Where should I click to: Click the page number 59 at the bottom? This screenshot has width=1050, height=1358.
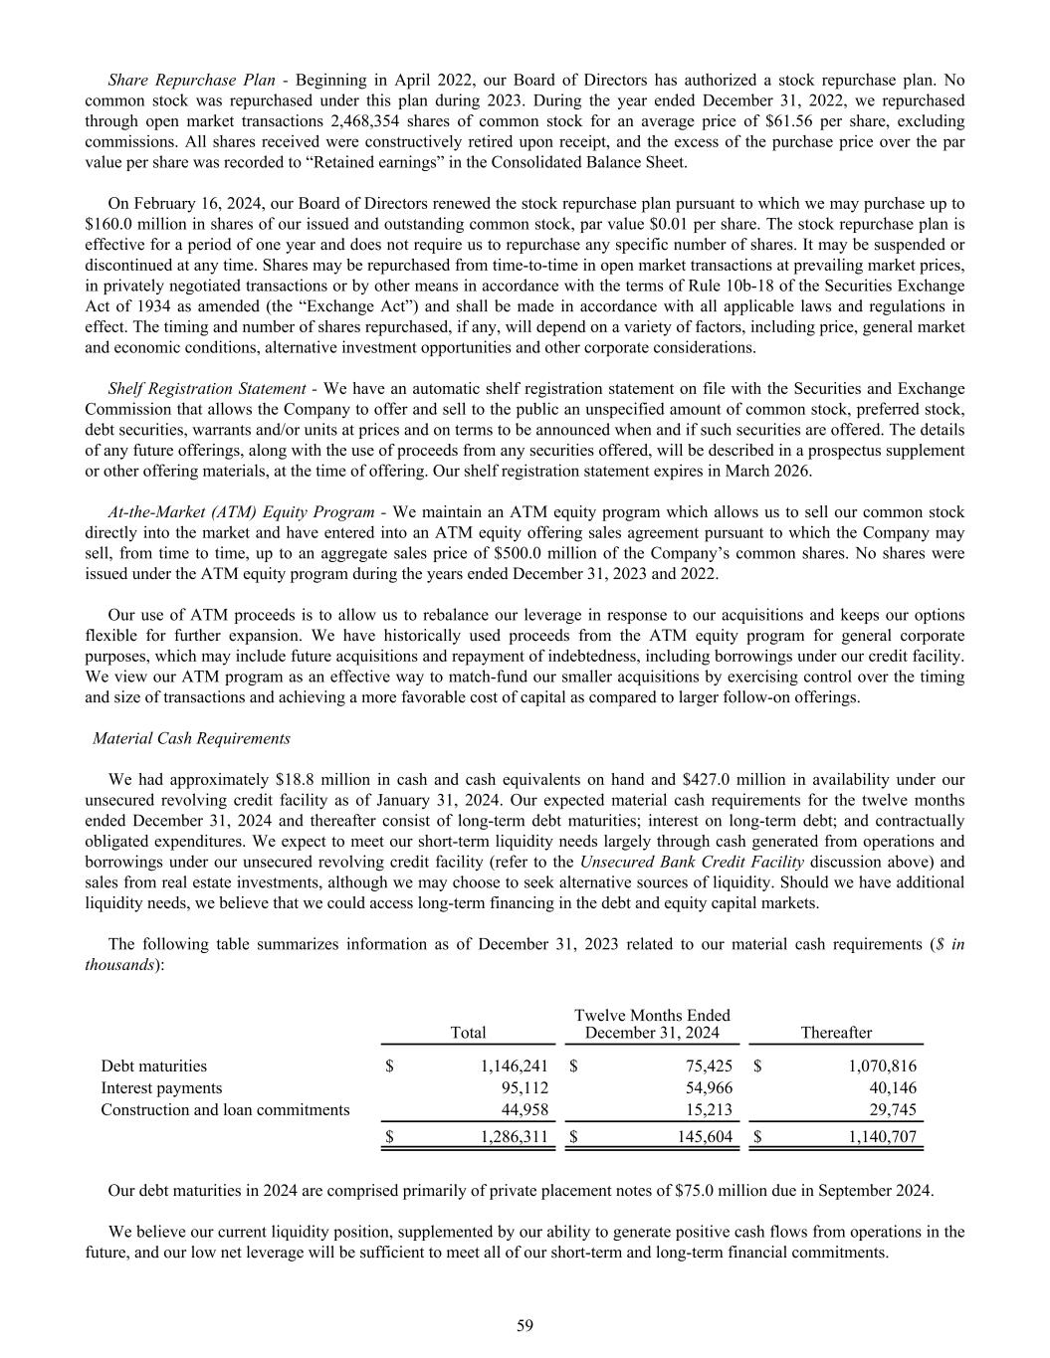(525, 1324)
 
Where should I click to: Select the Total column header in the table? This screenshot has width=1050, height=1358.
(468, 1033)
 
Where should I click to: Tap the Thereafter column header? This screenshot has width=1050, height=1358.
(836, 1033)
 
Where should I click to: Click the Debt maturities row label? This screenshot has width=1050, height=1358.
(154, 1066)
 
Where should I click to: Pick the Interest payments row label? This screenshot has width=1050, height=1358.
(161, 1087)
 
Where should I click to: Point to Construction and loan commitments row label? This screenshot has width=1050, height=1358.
(225, 1109)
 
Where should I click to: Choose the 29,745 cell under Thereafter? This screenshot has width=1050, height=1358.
(893, 1109)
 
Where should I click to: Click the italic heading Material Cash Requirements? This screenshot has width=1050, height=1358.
(191, 738)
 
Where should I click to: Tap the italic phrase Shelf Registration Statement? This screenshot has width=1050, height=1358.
(207, 387)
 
